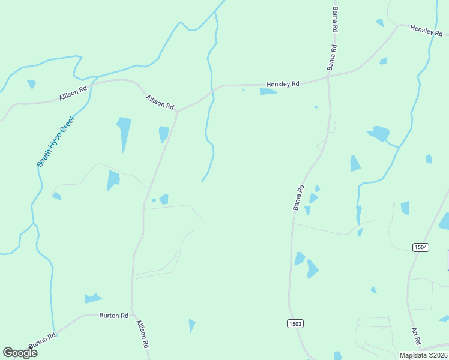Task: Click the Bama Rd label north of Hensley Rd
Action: tap(334, 20)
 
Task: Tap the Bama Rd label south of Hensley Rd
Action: tap(298, 197)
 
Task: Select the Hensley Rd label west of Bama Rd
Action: tap(283, 85)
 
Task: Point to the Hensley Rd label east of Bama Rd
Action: tap(426, 30)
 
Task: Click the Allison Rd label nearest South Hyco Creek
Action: tap(73, 93)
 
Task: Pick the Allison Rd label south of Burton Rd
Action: tap(142, 335)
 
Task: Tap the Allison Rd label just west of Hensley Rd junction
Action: tap(160, 102)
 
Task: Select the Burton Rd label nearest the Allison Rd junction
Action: tap(114, 315)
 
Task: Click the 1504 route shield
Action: tap(421, 247)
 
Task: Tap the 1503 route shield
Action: tap(295, 324)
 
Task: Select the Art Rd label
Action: tap(416, 337)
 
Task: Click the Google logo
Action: tap(20, 352)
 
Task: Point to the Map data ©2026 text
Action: tap(423, 355)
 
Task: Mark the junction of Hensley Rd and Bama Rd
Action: tap(328, 77)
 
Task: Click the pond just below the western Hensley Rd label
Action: tap(268, 92)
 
